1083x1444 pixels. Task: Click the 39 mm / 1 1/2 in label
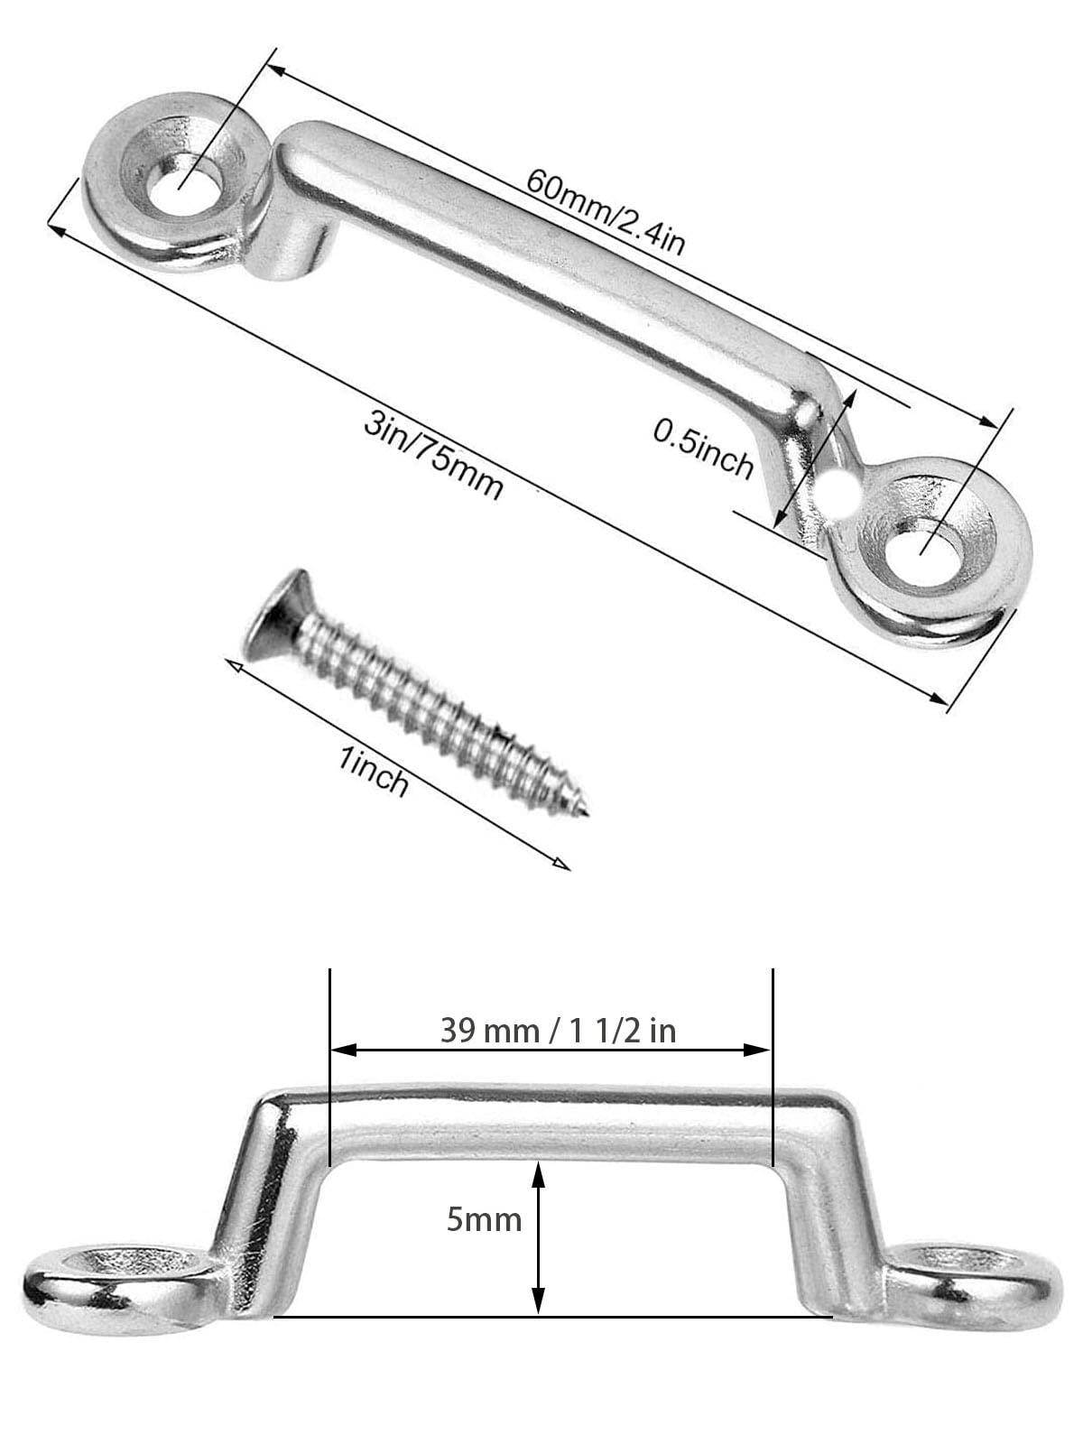[558, 1031]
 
